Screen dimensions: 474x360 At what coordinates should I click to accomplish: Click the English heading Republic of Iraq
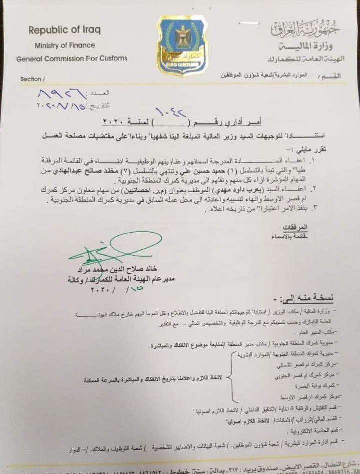click(x=65, y=30)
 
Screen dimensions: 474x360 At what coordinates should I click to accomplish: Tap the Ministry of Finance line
click(x=65, y=45)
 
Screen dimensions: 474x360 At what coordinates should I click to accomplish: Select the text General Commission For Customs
click(x=72, y=58)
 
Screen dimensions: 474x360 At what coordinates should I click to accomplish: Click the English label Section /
click(x=32, y=79)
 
